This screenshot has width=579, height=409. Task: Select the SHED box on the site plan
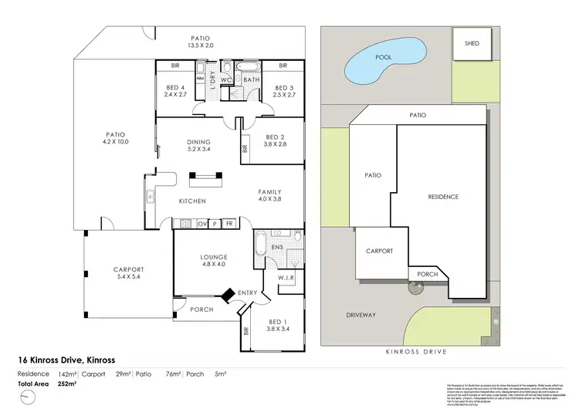[471, 44]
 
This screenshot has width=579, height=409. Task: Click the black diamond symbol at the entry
[229, 296]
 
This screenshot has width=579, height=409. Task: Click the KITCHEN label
[191, 201]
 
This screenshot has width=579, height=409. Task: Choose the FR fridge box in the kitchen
[229, 224]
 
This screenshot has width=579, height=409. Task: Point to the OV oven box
[202, 224]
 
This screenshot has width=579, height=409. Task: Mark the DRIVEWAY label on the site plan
[361, 315]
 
